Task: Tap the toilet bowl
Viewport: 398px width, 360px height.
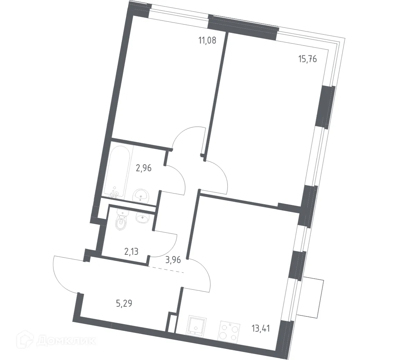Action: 121,222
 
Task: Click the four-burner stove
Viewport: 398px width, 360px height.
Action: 228,331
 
